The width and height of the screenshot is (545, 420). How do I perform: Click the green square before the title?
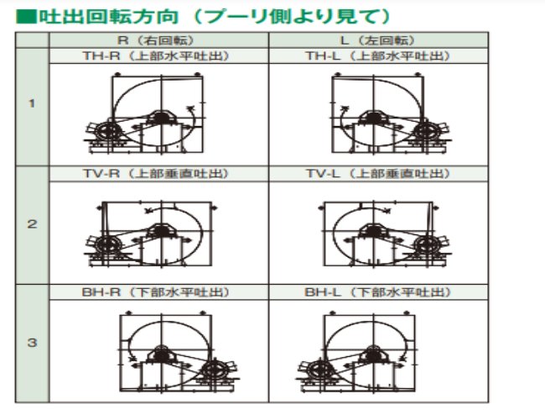point(26,17)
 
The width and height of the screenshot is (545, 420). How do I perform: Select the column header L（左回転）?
point(378,40)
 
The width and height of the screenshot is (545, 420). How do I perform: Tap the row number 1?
point(32,103)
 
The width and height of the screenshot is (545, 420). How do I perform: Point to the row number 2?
point(32,224)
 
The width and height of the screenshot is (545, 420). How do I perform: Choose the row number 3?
point(32,343)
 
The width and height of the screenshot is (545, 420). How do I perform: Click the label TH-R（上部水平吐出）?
point(156,56)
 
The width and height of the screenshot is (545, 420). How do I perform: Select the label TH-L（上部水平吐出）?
point(378,56)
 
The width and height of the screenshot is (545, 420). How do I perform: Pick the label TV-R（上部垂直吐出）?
point(156,174)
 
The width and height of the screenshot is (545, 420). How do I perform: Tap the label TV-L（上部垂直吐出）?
point(378,174)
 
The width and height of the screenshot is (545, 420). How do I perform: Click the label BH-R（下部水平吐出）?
point(156,292)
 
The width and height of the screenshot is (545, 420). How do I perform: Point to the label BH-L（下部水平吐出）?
point(378,292)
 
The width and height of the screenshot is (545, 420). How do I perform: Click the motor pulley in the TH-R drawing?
point(109,133)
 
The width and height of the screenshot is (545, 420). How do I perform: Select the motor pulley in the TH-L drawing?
point(427,133)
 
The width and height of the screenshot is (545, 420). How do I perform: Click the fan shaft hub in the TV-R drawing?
point(160,231)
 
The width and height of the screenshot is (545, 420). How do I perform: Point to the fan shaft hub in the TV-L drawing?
point(373,231)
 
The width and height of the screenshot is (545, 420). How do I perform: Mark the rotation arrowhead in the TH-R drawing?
point(190,109)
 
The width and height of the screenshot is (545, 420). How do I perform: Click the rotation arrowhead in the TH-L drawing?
point(345,109)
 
